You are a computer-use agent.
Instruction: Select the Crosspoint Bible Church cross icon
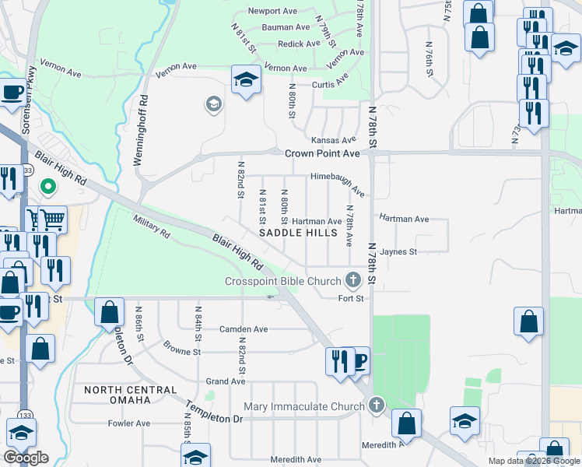click(353, 280)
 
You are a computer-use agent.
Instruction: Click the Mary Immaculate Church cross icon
click(377, 406)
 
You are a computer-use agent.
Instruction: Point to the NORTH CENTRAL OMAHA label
click(117, 395)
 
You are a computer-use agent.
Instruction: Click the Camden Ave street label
click(243, 329)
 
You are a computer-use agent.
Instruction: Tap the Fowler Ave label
click(128, 423)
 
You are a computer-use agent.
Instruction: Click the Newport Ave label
click(272, 11)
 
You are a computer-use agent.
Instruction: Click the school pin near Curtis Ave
click(246, 79)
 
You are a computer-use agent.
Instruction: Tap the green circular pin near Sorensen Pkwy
click(47, 187)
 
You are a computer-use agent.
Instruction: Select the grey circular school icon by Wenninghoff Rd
click(212, 104)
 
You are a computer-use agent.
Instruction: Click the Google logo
click(26, 458)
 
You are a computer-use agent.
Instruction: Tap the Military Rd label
click(152, 227)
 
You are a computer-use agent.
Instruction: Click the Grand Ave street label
click(226, 381)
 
